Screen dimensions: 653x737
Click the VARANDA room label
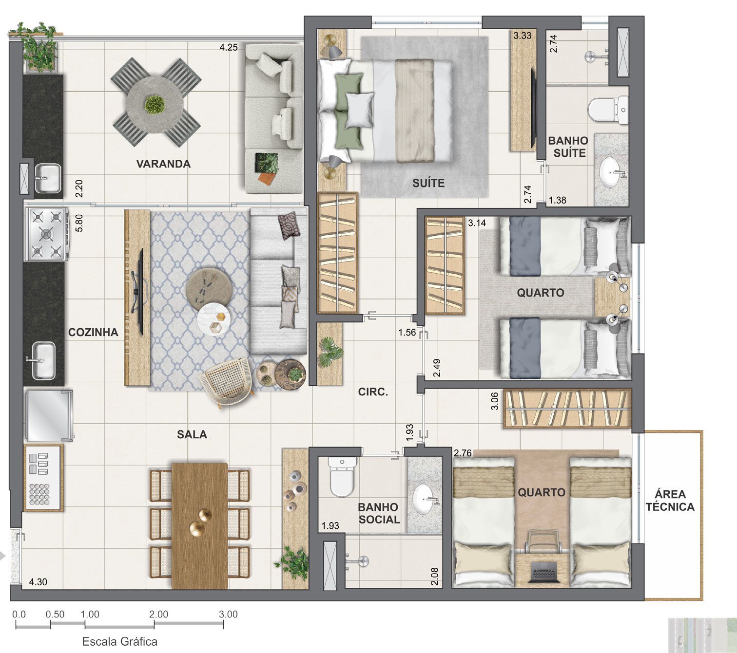(163, 164)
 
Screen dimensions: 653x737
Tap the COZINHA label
(93, 332)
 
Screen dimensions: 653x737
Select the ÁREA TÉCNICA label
(670, 500)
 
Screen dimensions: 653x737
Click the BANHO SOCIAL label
(379, 513)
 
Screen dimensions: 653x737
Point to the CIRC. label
(373, 392)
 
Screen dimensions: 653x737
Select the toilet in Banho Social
(342, 477)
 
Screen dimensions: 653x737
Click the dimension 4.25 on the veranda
(228, 47)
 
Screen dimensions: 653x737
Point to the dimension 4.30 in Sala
(38, 581)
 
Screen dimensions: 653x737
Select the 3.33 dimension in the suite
(522, 36)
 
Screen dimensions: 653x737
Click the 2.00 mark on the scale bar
(158, 615)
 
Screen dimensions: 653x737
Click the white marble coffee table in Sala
(214, 319)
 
